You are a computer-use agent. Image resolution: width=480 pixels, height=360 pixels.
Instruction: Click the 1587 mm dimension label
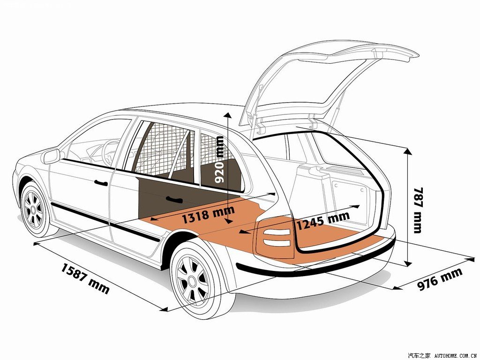pos(85,278)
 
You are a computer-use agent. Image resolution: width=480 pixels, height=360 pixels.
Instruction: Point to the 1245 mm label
pos(323,220)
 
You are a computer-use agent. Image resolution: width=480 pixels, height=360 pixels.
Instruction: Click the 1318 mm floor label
pos(208,215)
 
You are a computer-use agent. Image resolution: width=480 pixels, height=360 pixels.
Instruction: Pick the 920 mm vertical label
pos(219,159)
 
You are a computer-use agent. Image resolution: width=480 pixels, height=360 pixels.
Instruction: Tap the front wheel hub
pos(33,210)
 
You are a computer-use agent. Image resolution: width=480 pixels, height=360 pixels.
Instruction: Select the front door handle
pos(101,182)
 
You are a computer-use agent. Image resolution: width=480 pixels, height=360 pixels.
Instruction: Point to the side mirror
pos(51,156)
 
